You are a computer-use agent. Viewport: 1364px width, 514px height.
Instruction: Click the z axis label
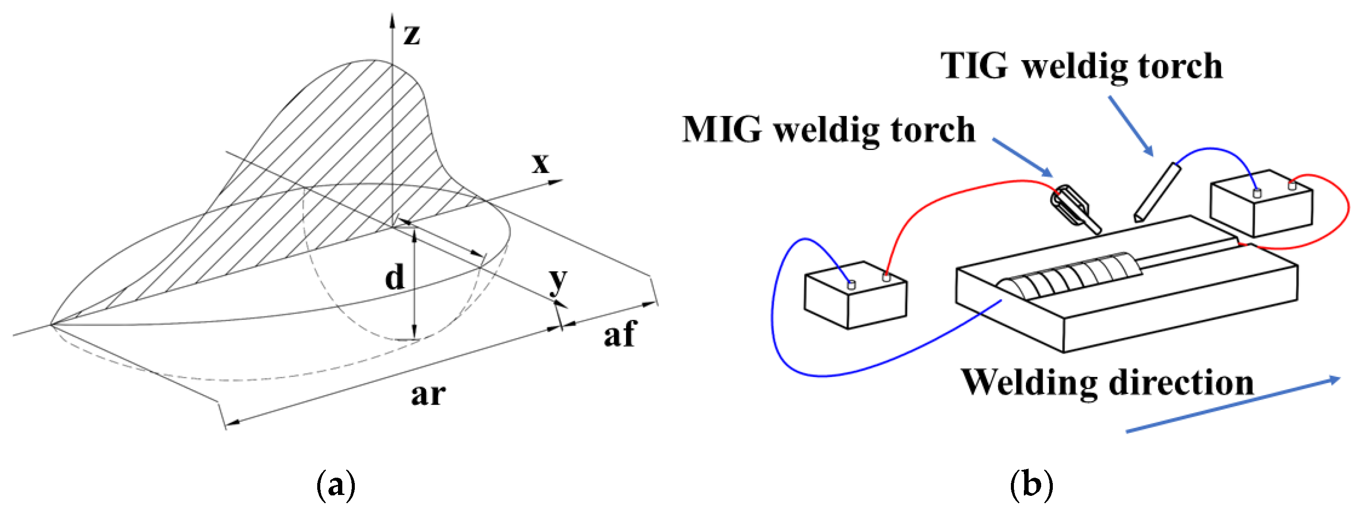click(x=412, y=35)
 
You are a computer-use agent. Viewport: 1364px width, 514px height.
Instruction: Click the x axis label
click(x=541, y=164)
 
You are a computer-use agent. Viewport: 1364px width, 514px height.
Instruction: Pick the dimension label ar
click(x=428, y=394)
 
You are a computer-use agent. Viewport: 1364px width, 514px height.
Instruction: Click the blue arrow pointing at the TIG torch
click(x=1131, y=126)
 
